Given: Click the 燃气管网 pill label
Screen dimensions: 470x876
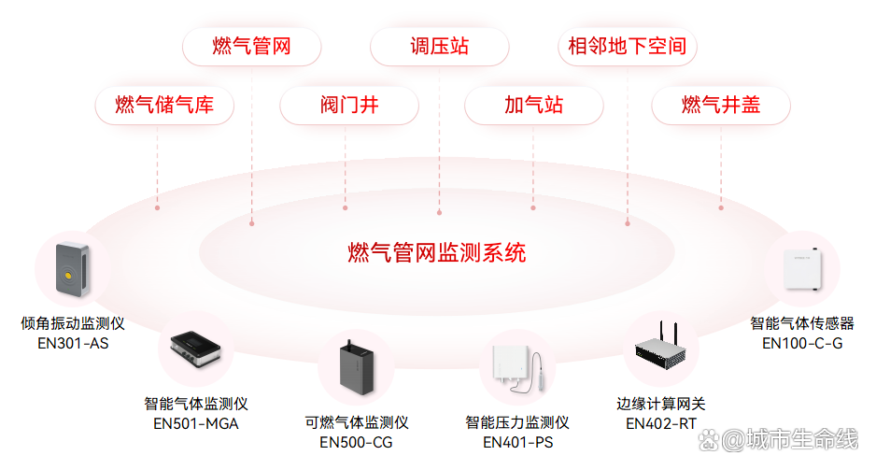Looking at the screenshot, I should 252,46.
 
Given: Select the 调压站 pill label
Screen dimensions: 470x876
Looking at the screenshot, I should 439,46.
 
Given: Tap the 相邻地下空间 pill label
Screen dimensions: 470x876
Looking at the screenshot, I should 627,46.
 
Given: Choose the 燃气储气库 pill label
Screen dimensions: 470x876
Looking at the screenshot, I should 164,105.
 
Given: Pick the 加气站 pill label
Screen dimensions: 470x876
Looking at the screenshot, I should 534,105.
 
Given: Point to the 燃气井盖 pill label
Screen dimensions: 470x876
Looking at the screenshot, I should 721,105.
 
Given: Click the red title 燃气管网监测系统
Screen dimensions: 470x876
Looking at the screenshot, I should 437,252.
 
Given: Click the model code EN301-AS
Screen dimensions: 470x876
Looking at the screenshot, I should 73,343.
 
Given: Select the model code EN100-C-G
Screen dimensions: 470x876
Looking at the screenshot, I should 802,343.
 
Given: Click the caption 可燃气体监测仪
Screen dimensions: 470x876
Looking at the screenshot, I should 357,422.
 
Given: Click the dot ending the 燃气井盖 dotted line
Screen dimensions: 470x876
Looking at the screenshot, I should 721,207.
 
